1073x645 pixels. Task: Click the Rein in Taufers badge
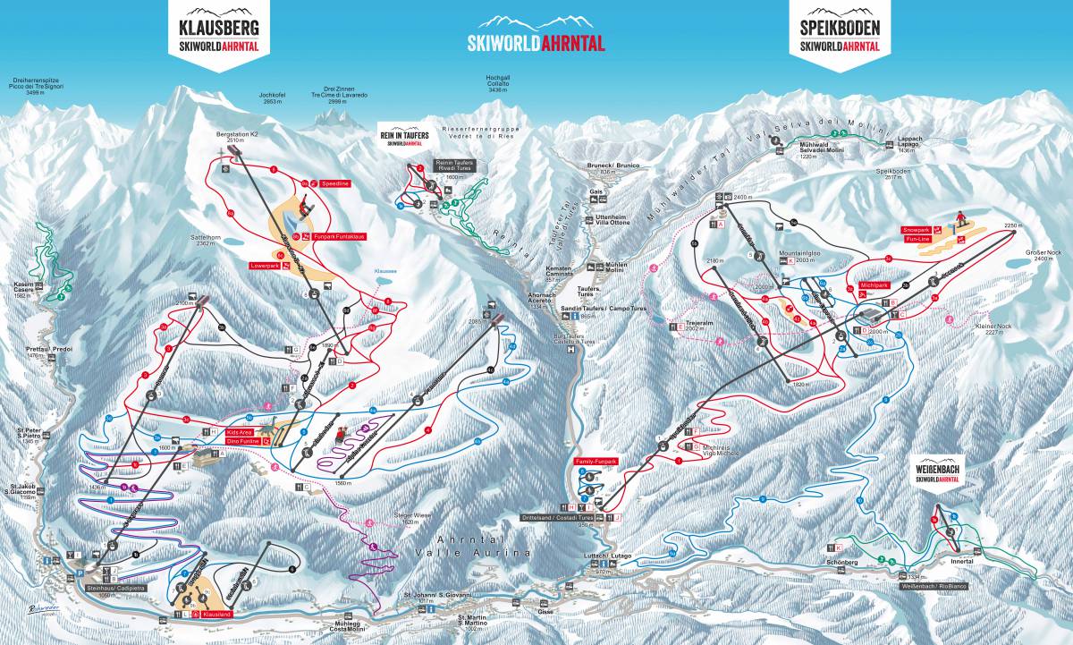[x=404, y=138]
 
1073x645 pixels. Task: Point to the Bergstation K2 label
[x=237, y=137]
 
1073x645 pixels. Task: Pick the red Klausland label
[x=217, y=616]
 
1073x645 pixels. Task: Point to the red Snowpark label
[x=917, y=230]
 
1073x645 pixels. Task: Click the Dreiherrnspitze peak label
[x=37, y=85]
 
